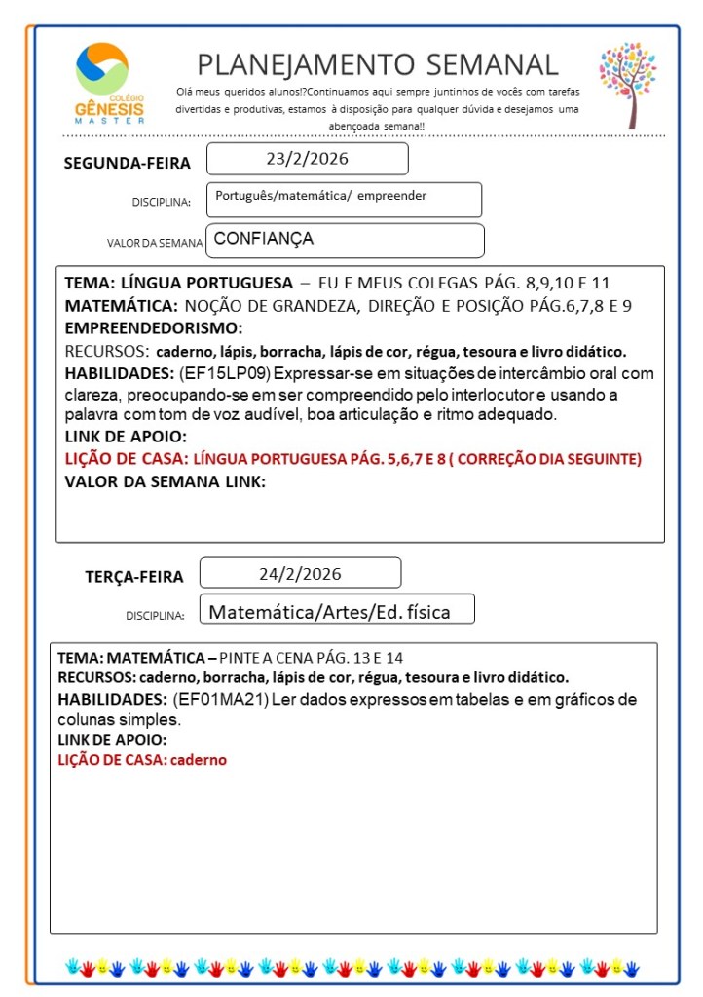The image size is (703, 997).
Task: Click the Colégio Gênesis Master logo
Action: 108,84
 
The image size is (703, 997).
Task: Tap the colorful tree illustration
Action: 628,83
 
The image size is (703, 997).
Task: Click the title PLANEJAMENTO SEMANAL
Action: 378,64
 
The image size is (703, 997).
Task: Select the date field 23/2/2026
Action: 307,159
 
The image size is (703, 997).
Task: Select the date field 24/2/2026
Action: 300,573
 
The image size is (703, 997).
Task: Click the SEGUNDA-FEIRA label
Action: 128,163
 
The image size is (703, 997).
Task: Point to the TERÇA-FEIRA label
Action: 134,577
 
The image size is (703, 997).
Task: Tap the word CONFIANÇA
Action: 263,238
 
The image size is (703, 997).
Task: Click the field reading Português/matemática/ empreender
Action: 321,196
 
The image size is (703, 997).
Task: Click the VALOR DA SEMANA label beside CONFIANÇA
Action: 155,243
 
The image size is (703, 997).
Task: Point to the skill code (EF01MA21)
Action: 220,700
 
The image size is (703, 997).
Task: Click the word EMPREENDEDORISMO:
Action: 153,328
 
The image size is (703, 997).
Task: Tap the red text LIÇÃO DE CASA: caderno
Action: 142,759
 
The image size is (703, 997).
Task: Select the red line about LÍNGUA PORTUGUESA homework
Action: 352,458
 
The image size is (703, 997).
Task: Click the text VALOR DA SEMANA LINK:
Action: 165,480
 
